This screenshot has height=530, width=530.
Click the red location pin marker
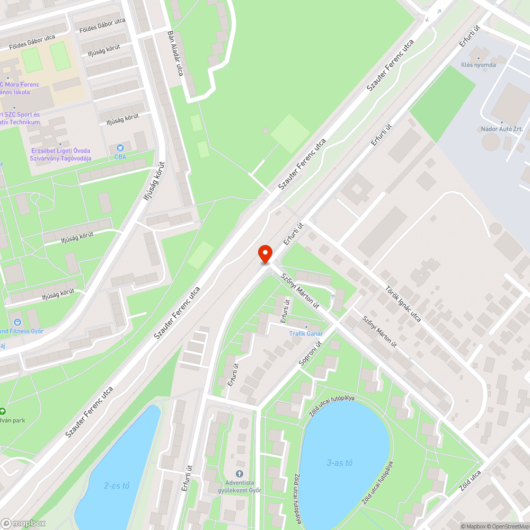pyautogui.click(x=264, y=253)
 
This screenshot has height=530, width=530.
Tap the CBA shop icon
pyautogui.click(x=120, y=148)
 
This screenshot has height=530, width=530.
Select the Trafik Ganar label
pyautogui.click(x=306, y=333)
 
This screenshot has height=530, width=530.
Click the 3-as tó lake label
pyautogui.click(x=339, y=463)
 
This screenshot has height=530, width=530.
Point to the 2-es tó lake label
pyautogui.click(x=117, y=485)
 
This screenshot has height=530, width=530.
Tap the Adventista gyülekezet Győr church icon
pyautogui.click(x=240, y=473)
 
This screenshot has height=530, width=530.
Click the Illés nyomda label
pyautogui.click(x=478, y=65)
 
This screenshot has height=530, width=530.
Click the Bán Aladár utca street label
pyautogui.click(x=175, y=52)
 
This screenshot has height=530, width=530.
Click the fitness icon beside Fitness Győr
pyautogui.click(x=17, y=322)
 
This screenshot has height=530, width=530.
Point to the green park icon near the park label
pyautogui.click(x=3, y=411)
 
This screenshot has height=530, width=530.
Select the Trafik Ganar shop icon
pyautogui.click(x=306, y=326)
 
